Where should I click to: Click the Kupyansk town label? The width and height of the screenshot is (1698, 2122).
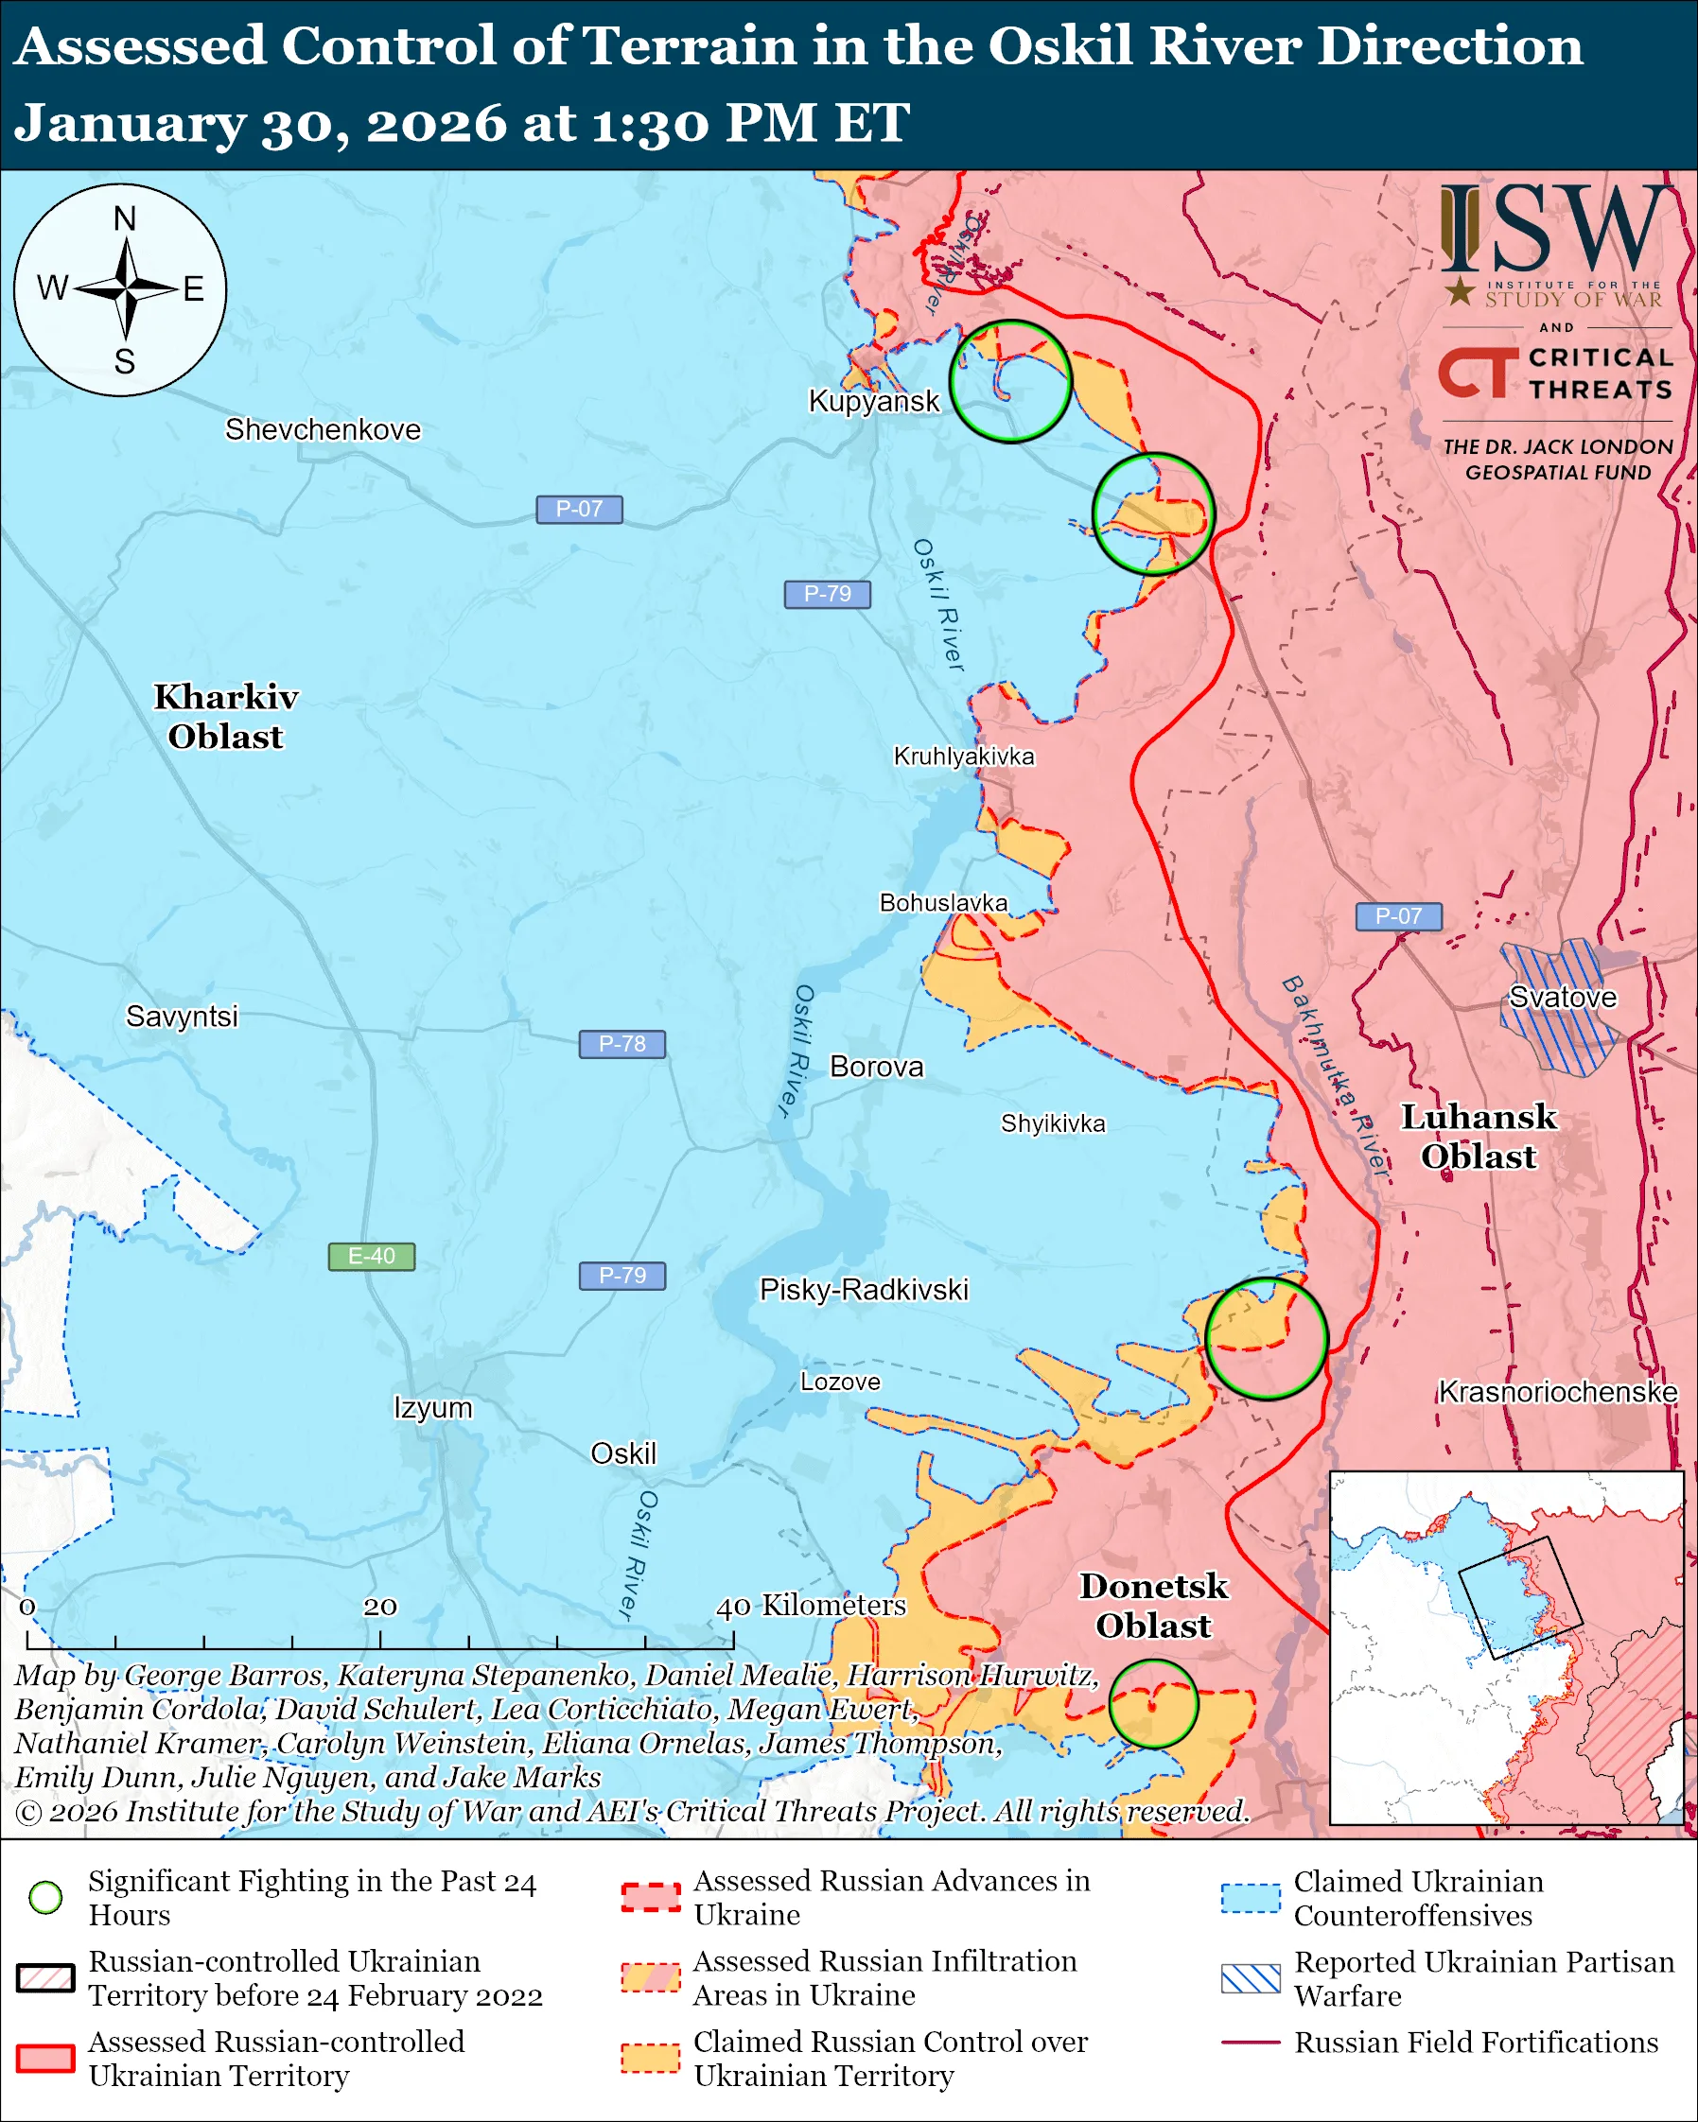(873, 402)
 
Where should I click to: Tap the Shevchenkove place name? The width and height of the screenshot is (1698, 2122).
(323, 430)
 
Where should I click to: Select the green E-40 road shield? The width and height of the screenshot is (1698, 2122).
(371, 1257)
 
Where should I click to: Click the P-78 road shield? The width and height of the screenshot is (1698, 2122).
(621, 1044)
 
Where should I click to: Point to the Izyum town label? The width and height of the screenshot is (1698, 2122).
(433, 1407)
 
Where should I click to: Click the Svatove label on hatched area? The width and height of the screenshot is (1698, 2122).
(1562, 997)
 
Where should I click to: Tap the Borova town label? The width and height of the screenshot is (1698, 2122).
(876, 1067)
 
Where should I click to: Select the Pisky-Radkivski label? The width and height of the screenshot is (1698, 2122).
(864, 1291)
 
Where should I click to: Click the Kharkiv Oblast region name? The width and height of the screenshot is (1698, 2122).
(225, 717)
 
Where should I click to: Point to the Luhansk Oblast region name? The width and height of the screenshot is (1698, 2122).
(1479, 1137)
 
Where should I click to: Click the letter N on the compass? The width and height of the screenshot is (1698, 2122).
(124, 218)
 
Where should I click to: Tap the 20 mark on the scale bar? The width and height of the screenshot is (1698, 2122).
(380, 1608)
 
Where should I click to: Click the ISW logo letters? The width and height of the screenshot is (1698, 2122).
(1555, 232)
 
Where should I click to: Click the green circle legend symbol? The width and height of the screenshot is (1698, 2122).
(46, 1897)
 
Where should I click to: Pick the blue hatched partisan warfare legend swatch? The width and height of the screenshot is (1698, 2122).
(1251, 1978)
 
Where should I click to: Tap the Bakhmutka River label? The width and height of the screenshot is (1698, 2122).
(1335, 1077)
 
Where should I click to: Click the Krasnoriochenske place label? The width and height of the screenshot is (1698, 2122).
(1557, 1392)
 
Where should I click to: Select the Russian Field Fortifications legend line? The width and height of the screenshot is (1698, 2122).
(1251, 2043)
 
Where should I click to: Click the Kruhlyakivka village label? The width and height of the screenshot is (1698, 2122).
(964, 756)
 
